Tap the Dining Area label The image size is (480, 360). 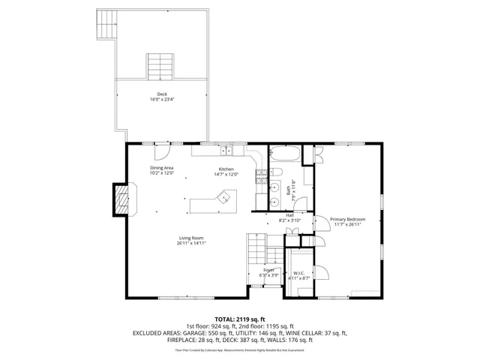(162, 167)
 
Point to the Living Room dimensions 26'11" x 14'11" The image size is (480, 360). (191, 243)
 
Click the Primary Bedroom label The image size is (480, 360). (347, 219)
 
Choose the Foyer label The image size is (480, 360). (268, 270)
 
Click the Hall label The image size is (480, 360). (289, 215)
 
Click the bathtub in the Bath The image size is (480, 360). (285, 155)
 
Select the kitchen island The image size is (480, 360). (213, 202)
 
